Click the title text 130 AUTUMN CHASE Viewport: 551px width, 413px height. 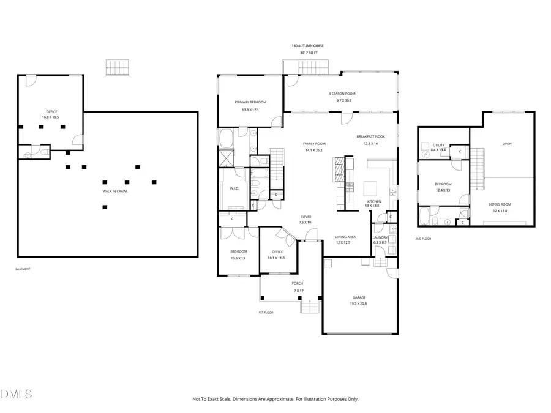click(309, 46)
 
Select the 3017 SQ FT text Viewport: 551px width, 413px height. click(309, 53)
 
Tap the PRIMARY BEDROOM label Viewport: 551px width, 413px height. click(250, 102)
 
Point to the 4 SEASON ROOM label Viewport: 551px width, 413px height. click(342, 94)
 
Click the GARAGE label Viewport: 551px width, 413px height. click(359, 297)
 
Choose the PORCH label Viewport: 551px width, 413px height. click(298, 283)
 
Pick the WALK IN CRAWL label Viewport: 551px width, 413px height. click(114, 191)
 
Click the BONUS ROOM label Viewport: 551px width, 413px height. click(500, 204)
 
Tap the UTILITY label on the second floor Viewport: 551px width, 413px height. click(439, 144)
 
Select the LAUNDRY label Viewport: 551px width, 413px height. click(380, 237)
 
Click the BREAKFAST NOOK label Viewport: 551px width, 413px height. click(371, 136)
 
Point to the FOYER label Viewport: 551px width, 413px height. click(305, 217)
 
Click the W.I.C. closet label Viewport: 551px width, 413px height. click(234, 188)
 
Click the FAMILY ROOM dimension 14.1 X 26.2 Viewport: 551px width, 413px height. click(312, 149)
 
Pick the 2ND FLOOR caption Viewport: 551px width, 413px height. click(424, 239)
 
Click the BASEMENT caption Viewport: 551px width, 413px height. click(23, 269)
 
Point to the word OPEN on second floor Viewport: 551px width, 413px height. click(506, 144)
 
